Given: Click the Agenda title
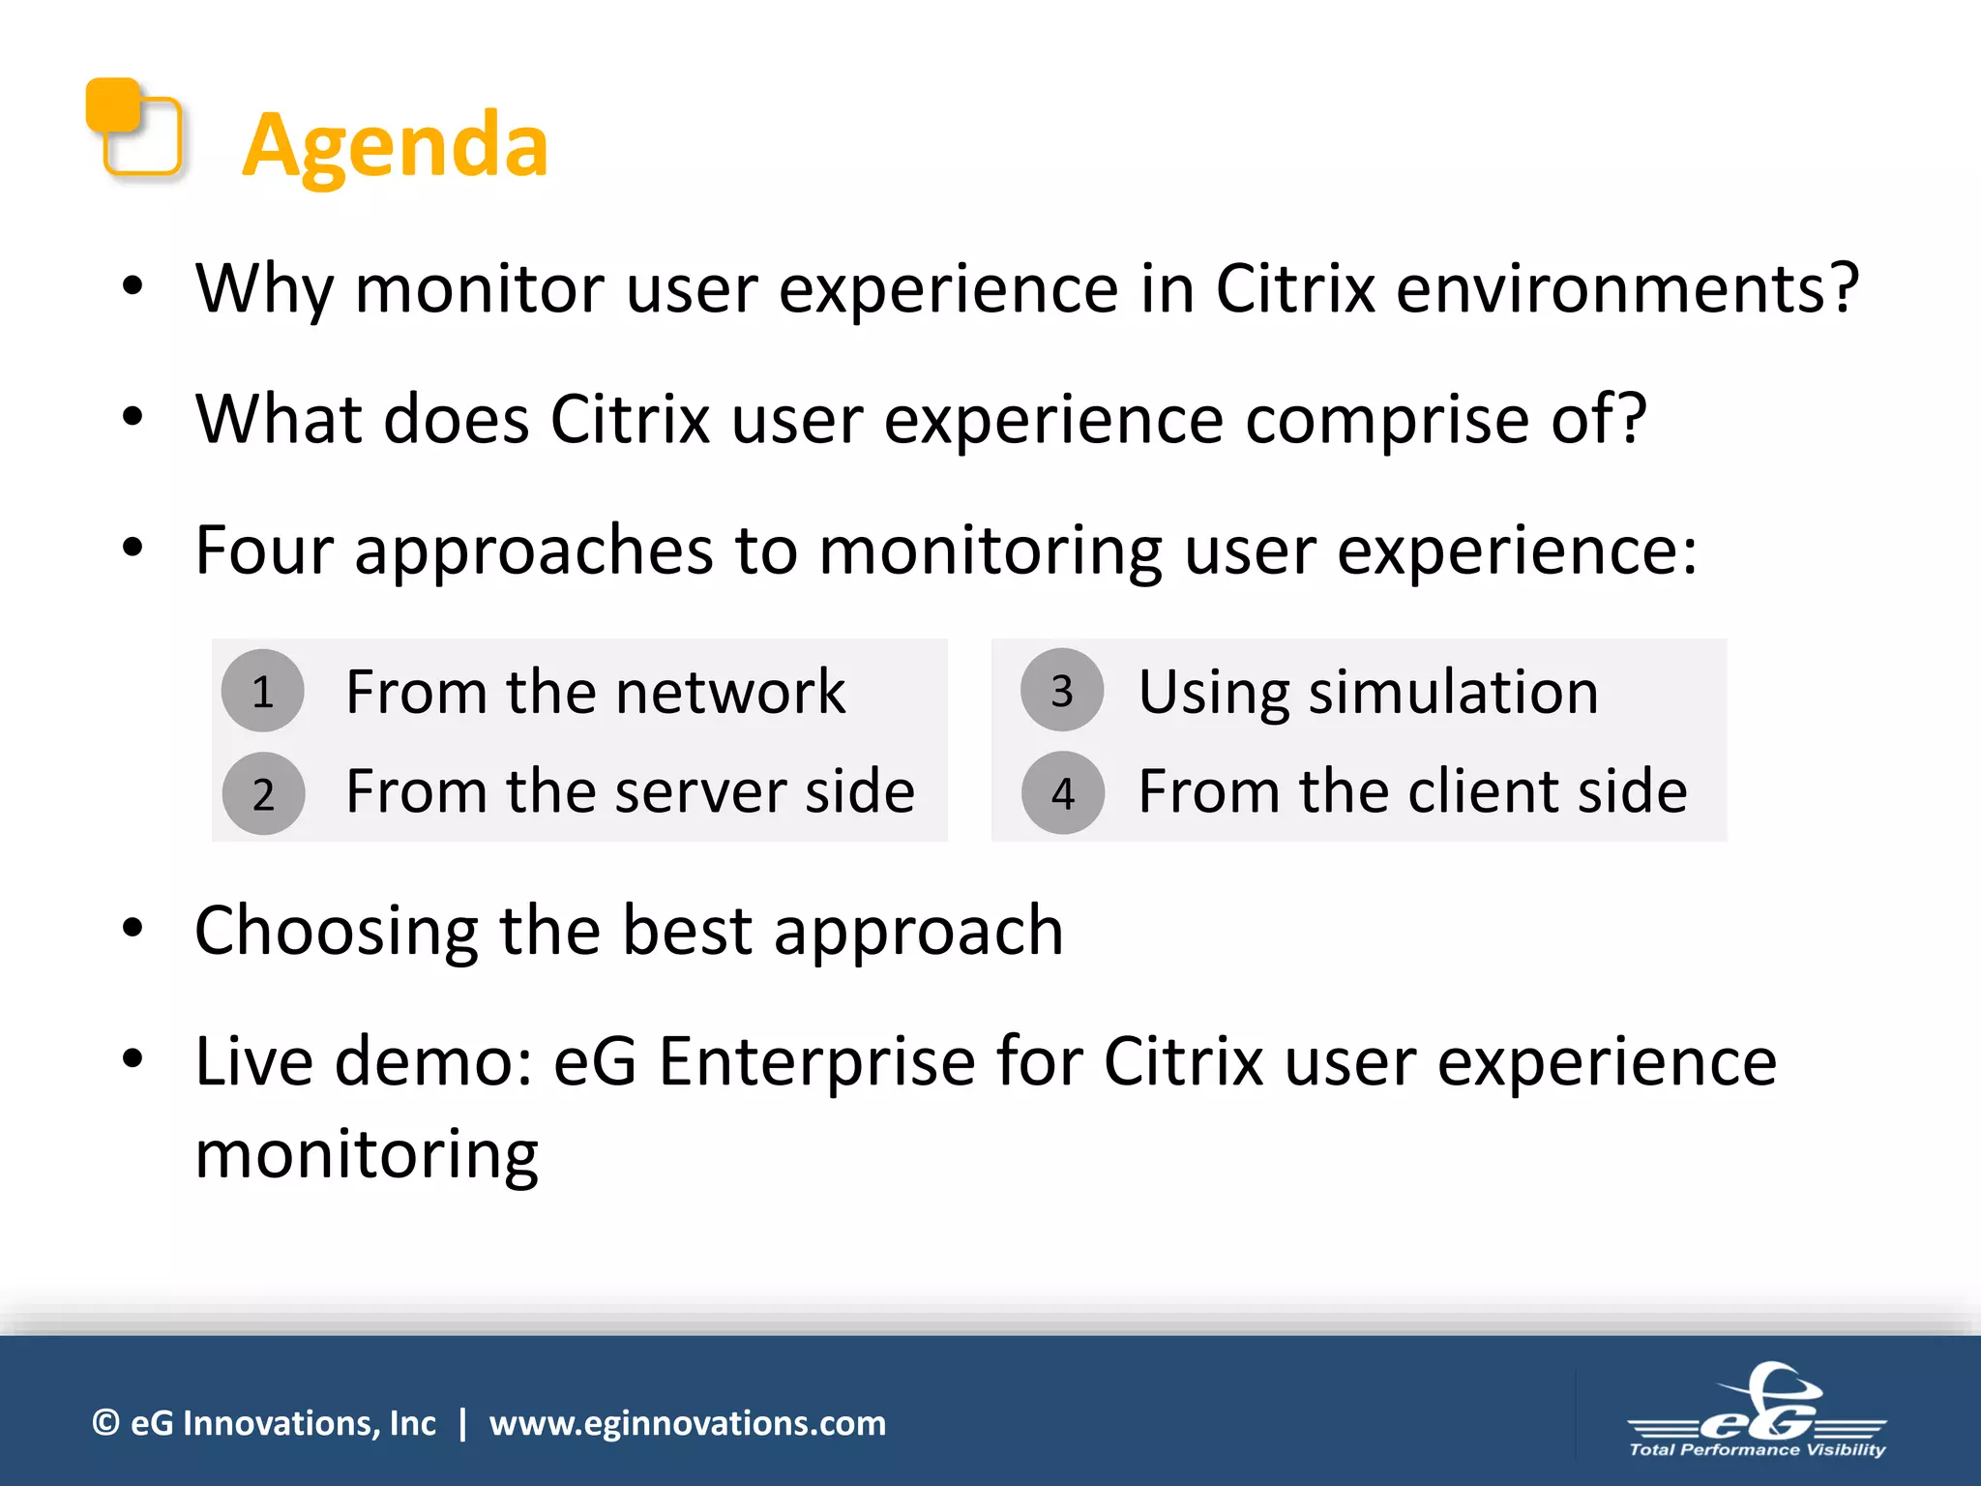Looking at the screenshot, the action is (395, 145).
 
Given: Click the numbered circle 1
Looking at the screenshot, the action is (262, 692).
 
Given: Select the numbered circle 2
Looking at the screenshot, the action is (263, 794).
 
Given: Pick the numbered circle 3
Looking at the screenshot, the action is (1062, 691).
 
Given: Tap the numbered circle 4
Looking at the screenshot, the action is (1063, 794).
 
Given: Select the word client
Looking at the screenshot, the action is (1484, 792).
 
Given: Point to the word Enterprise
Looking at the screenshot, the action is (817, 1062).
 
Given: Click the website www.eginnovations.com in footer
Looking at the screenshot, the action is (687, 1423).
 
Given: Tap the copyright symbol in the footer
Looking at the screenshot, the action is (105, 1423).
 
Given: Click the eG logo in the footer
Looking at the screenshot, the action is (1758, 1403).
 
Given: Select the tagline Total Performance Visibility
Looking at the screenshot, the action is (1757, 1449).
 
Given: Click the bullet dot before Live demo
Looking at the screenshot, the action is (133, 1058).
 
